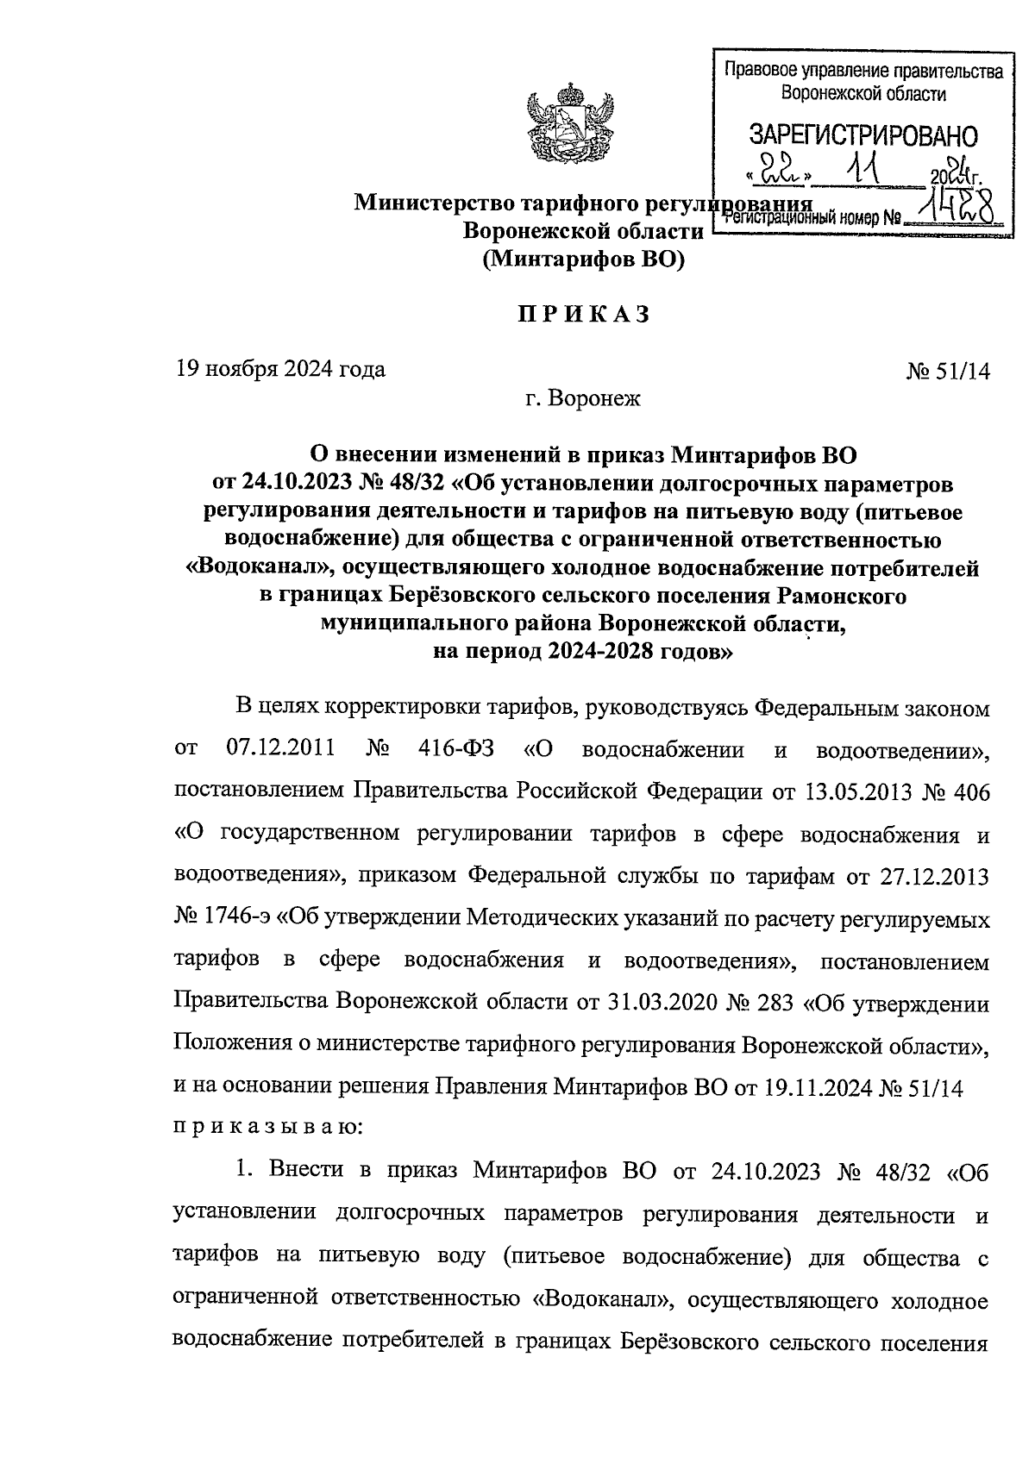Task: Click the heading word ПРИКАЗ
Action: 583,316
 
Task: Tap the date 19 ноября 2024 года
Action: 280,370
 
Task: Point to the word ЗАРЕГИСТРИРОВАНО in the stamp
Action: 863,135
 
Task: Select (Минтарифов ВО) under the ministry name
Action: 583,260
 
